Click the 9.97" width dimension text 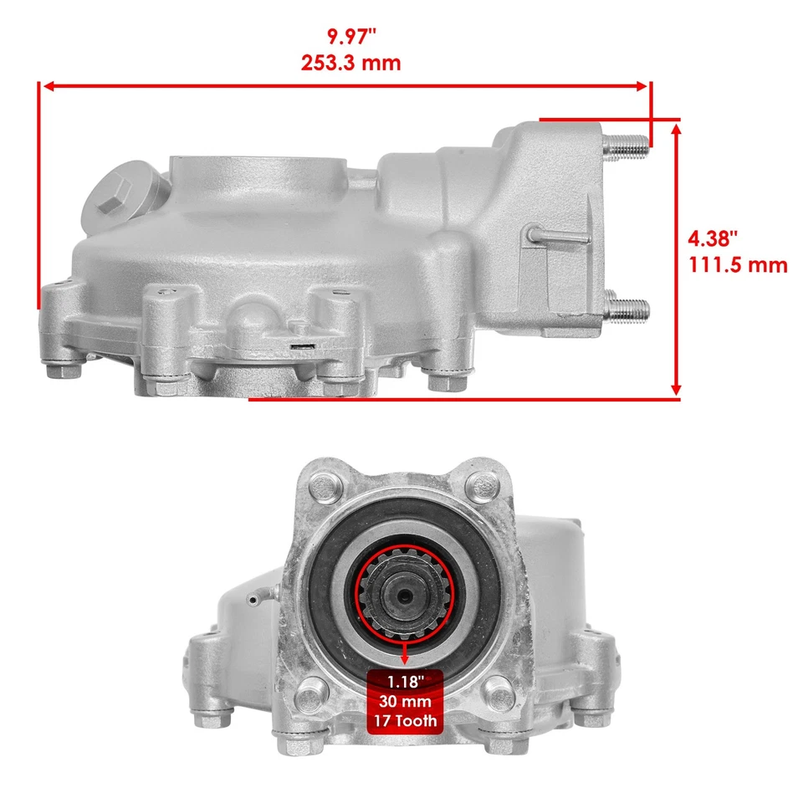[350, 36]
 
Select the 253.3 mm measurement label [350, 63]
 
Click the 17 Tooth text [404, 719]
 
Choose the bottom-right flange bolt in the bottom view [500, 696]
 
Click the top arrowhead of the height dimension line [677, 127]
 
